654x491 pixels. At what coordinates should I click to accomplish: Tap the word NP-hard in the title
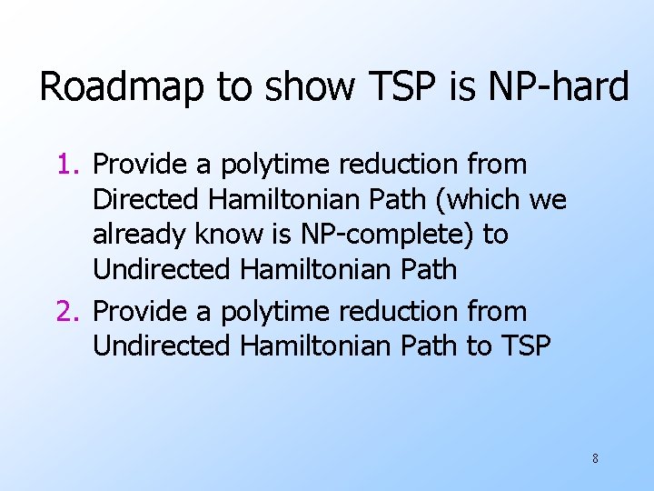(x=559, y=88)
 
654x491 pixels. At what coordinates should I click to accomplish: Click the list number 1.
(x=68, y=165)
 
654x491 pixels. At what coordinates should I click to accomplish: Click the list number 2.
(x=68, y=312)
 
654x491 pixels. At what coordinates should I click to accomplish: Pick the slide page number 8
(x=595, y=458)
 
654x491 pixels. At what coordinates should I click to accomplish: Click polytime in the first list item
(x=266, y=165)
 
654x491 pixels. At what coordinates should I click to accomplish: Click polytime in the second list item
(x=266, y=312)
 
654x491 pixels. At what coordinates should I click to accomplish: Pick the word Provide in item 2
(x=138, y=312)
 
